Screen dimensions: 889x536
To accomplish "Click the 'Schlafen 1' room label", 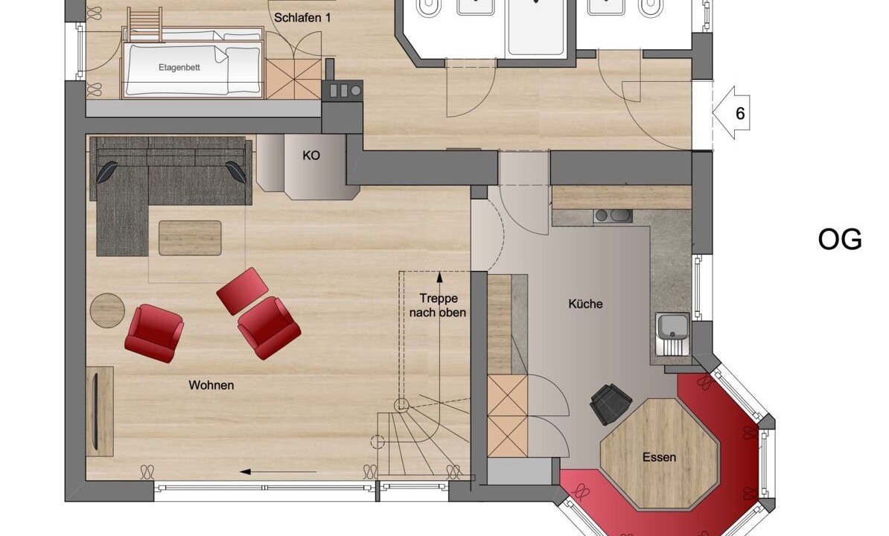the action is point(302,18).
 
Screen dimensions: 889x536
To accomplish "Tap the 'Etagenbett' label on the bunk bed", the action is point(179,68).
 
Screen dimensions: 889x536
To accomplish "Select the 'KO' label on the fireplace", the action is point(311,156).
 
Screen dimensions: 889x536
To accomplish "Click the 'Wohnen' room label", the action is point(211,386).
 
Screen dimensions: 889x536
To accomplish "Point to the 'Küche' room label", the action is point(586,304).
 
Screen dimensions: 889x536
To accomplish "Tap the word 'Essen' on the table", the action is point(660,456).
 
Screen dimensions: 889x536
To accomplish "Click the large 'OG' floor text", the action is point(840,240).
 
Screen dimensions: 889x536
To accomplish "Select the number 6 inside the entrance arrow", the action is point(740,113).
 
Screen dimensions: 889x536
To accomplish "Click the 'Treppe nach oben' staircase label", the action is point(438,305).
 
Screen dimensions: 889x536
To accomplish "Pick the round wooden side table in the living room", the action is point(107,310).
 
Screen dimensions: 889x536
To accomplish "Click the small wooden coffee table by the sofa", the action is point(190,238).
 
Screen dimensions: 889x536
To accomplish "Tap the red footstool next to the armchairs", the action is point(243,291).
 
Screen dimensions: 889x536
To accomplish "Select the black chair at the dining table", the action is point(611,403).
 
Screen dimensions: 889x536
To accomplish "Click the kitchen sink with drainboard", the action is point(673,334).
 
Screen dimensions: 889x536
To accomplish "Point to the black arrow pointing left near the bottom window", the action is point(278,471).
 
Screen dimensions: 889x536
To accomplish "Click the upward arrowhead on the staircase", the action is point(439,277).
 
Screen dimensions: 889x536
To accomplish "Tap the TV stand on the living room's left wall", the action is point(101,412).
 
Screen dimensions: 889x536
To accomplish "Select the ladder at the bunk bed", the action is point(144,25).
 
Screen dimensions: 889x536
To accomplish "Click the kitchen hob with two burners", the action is point(613,215).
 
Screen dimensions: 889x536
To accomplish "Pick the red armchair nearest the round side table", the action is point(154,334).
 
